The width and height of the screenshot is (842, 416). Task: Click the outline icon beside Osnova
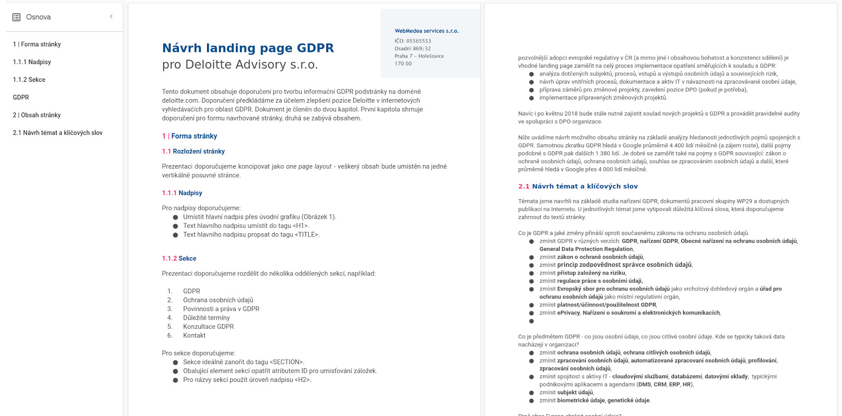pyautogui.click(x=16, y=17)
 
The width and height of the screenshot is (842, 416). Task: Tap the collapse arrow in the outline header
pyautogui.click(x=111, y=17)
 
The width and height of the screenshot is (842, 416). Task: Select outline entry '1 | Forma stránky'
pyautogui.click(x=37, y=44)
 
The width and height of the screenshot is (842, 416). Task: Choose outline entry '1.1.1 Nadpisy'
pyautogui.click(x=32, y=62)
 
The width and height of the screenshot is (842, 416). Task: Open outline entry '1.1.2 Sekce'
pyautogui.click(x=29, y=80)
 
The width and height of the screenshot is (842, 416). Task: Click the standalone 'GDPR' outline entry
pyautogui.click(x=21, y=97)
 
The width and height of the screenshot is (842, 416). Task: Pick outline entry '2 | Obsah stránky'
pyautogui.click(x=37, y=115)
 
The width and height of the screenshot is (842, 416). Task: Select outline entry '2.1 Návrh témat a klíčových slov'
pyautogui.click(x=58, y=133)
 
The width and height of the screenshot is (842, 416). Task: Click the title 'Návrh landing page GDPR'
pyautogui.click(x=248, y=48)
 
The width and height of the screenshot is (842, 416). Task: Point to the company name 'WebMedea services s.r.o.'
pyautogui.click(x=426, y=31)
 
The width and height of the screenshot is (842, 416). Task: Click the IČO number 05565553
pyautogui.click(x=419, y=41)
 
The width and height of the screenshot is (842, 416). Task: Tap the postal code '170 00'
pyautogui.click(x=403, y=64)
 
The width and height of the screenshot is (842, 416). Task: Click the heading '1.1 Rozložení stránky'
pyautogui.click(x=193, y=151)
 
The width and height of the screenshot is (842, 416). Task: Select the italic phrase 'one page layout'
pyautogui.click(x=309, y=166)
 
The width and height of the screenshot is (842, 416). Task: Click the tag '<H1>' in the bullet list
pyautogui.click(x=301, y=226)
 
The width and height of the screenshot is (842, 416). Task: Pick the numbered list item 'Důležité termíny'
pyautogui.click(x=206, y=318)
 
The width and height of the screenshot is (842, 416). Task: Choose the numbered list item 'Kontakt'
pyautogui.click(x=194, y=336)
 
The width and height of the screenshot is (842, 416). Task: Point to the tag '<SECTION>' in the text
pyautogui.click(x=287, y=362)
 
